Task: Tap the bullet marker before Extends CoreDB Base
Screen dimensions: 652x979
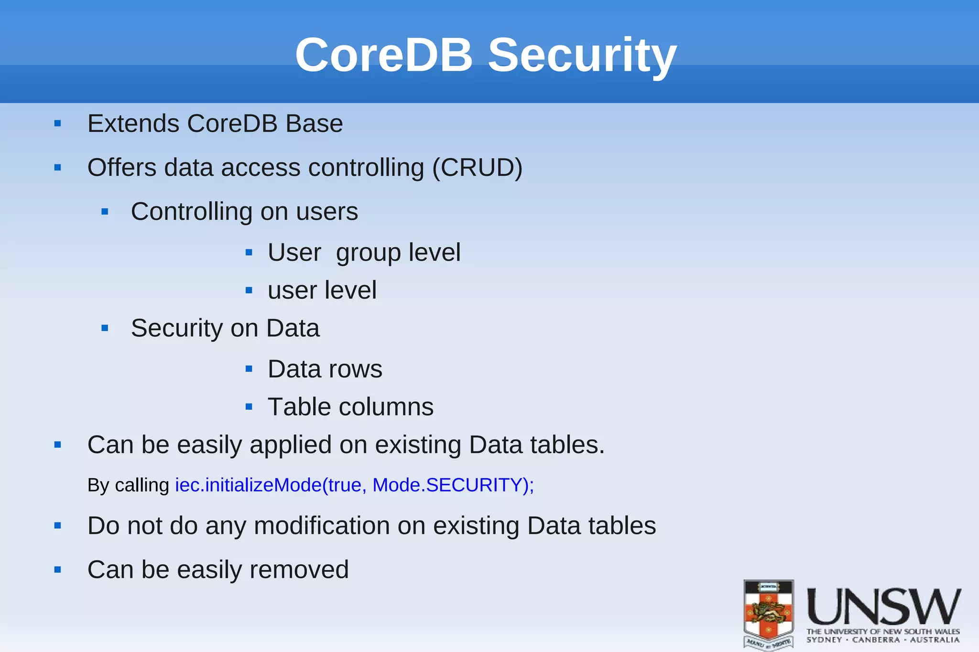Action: point(58,124)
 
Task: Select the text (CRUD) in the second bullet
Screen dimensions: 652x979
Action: point(477,168)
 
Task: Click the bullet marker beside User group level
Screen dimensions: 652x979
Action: point(249,253)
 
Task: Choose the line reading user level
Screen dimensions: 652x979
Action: point(322,290)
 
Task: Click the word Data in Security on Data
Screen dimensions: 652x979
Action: point(293,328)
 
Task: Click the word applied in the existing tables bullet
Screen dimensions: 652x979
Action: point(290,445)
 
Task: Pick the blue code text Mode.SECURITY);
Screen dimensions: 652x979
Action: point(453,485)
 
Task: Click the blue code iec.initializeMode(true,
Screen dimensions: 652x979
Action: point(271,485)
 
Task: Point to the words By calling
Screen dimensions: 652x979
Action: point(128,485)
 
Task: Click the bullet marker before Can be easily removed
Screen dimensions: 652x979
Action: point(58,570)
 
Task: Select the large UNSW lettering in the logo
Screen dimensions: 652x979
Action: point(884,607)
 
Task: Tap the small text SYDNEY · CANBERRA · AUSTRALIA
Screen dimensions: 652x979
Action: point(883,640)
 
